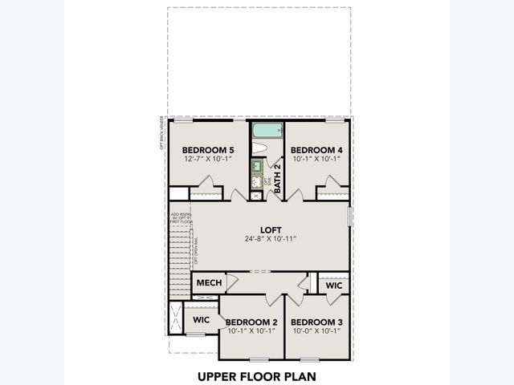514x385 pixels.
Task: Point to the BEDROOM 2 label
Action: pos(251,322)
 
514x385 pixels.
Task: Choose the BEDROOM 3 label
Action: pos(316,322)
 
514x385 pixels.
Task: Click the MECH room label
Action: pos(209,283)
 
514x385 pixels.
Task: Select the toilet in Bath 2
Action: pos(259,148)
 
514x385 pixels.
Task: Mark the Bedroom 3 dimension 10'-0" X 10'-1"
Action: pos(316,330)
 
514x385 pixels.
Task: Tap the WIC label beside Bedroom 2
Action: pos(201,320)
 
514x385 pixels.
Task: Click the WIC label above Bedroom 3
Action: pos(334,285)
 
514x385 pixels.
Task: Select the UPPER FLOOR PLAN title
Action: pos(257,375)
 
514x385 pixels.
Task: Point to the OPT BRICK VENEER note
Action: pos(162,134)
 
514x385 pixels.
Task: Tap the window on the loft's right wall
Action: pos(350,217)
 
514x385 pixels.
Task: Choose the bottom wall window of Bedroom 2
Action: pos(259,359)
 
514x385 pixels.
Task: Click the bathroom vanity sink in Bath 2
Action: pos(257,167)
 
